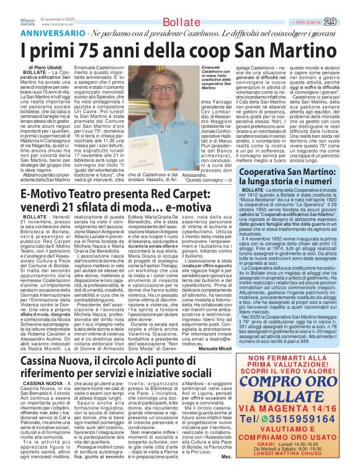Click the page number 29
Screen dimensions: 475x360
(348, 22)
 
